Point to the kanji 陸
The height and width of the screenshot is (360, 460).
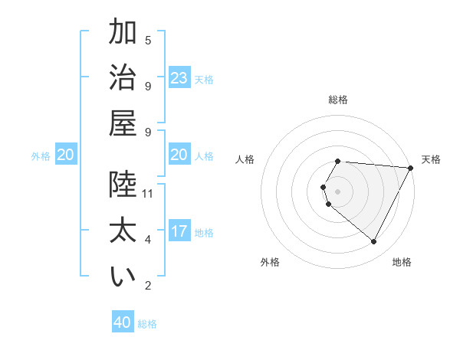[x=123, y=184]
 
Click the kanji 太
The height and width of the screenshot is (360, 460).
[x=123, y=231]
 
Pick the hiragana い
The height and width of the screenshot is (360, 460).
[x=123, y=277]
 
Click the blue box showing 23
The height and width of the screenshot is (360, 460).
[x=179, y=78]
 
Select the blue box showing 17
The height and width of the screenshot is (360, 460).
[x=179, y=232]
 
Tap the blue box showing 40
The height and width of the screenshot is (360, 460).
[x=123, y=323]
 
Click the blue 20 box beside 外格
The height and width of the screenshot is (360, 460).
[x=65, y=155]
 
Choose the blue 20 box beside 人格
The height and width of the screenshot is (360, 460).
[x=179, y=155]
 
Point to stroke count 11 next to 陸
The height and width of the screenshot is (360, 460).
[x=148, y=194]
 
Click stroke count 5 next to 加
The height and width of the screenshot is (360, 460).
[x=148, y=41]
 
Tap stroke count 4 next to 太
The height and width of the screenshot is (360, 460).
[x=148, y=241]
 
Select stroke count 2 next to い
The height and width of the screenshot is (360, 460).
[x=148, y=286]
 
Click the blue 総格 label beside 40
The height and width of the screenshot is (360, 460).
[x=147, y=324]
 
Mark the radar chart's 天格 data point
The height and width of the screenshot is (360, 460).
[x=411, y=169]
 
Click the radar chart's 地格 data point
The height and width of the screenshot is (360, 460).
[x=374, y=242]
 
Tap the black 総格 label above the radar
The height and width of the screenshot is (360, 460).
[x=338, y=100]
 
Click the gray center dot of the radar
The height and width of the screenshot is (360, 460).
[x=338, y=191]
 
